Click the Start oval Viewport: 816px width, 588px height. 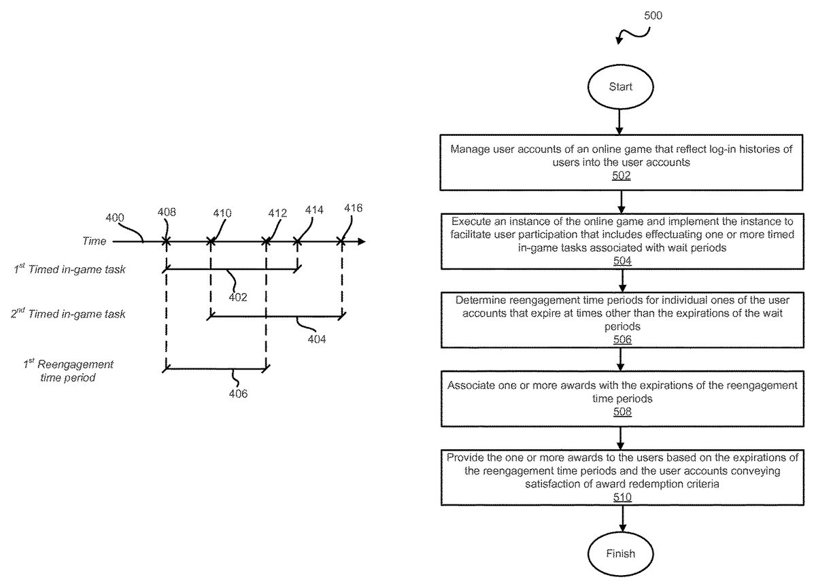coord(620,87)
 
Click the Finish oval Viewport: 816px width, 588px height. coord(620,553)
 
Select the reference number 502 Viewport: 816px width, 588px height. coord(621,176)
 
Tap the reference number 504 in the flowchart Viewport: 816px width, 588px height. coord(621,261)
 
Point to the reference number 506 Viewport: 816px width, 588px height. coord(621,339)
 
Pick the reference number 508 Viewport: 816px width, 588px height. coord(621,411)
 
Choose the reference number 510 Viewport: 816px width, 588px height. coord(621,497)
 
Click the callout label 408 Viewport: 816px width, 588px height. coord(166,213)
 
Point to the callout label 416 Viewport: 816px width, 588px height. coord(354,208)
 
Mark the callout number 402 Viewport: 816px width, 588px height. coord(237,296)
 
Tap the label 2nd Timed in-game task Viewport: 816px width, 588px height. coord(69,314)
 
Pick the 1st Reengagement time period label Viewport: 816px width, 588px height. coord(68,370)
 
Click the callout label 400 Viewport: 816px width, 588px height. coord(116,218)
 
